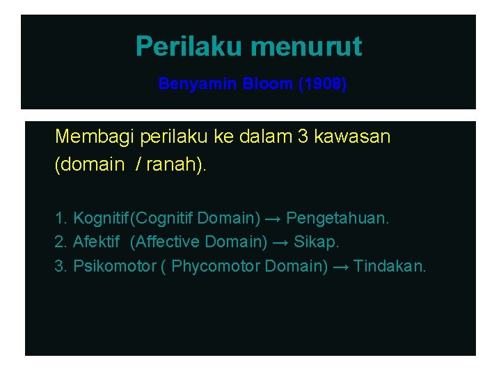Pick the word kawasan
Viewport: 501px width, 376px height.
(x=352, y=136)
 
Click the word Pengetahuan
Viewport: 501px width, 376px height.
(x=337, y=219)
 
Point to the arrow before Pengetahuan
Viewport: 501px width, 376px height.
(x=273, y=219)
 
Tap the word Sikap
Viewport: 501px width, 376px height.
(x=317, y=242)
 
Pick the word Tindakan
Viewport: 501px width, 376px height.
(x=389, y=267)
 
